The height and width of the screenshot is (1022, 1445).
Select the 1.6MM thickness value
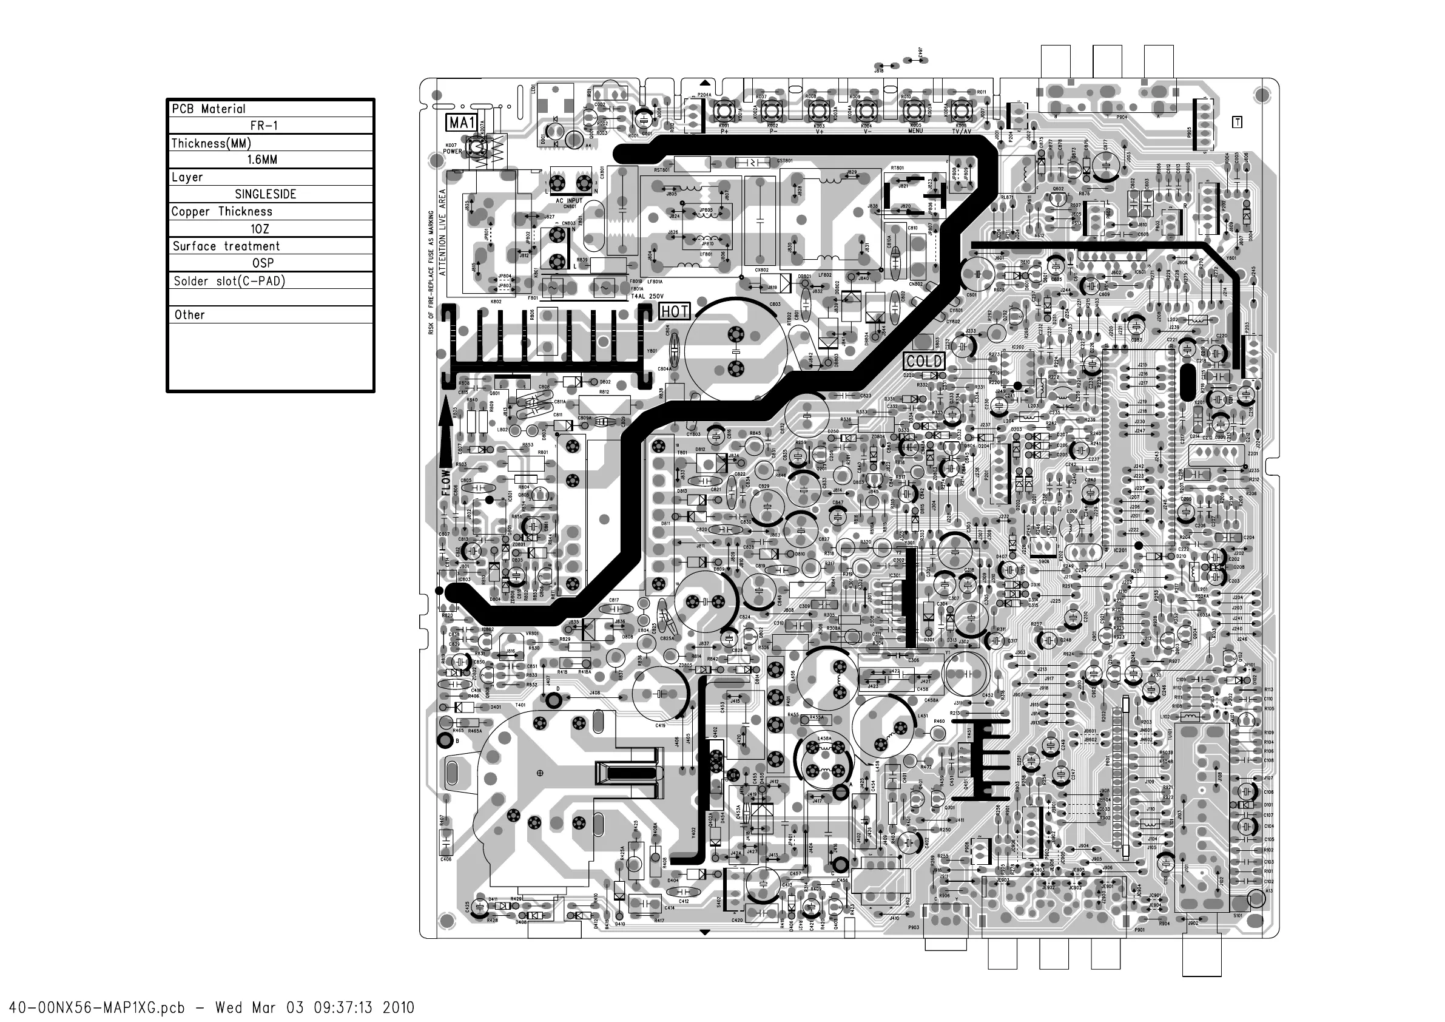(262, 160)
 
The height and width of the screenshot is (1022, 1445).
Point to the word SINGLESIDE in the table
(265, 195)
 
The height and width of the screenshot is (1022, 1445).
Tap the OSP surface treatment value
(263, 263)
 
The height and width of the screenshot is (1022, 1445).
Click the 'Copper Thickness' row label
(221, 212)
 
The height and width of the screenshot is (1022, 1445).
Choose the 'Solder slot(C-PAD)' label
(229, 281)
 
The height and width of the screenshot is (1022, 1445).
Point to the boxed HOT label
(675, 311)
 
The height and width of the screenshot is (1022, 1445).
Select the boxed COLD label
(924, 361)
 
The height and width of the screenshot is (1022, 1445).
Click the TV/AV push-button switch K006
(960, 112)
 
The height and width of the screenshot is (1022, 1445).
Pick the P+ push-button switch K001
(724, 112)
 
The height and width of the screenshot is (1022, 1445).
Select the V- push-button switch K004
(866, 112)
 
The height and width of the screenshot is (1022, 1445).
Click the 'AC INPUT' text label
(569, 201)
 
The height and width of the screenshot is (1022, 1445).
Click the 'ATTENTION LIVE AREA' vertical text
(442, 232)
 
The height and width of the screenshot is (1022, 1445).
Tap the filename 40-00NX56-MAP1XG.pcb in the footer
(97, 1007)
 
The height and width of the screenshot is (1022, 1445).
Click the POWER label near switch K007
(453, 152)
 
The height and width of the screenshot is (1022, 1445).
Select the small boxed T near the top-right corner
(1237, 122)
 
